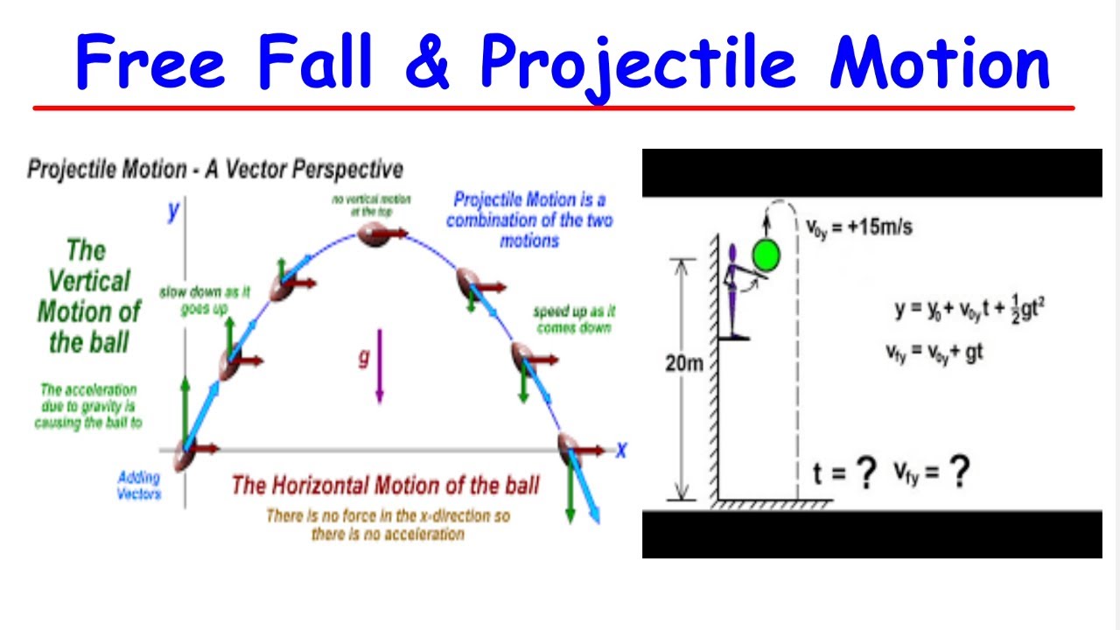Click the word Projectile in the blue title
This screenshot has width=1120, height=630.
coord(638,63)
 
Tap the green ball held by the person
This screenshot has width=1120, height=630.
coord(766,255)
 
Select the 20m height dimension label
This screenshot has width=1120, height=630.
coord(683,362)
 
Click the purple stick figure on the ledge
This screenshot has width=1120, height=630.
coord(734,293)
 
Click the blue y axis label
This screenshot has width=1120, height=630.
coord(174,211)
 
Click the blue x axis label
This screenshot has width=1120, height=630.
coord(621,451)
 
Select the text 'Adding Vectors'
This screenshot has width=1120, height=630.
coord(138,486)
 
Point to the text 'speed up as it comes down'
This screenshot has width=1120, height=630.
coord(574,319)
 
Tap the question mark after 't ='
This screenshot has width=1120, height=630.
coord(865,473)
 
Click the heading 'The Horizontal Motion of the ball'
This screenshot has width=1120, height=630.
coord(386,484)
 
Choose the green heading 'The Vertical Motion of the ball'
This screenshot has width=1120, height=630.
coord(87,297)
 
